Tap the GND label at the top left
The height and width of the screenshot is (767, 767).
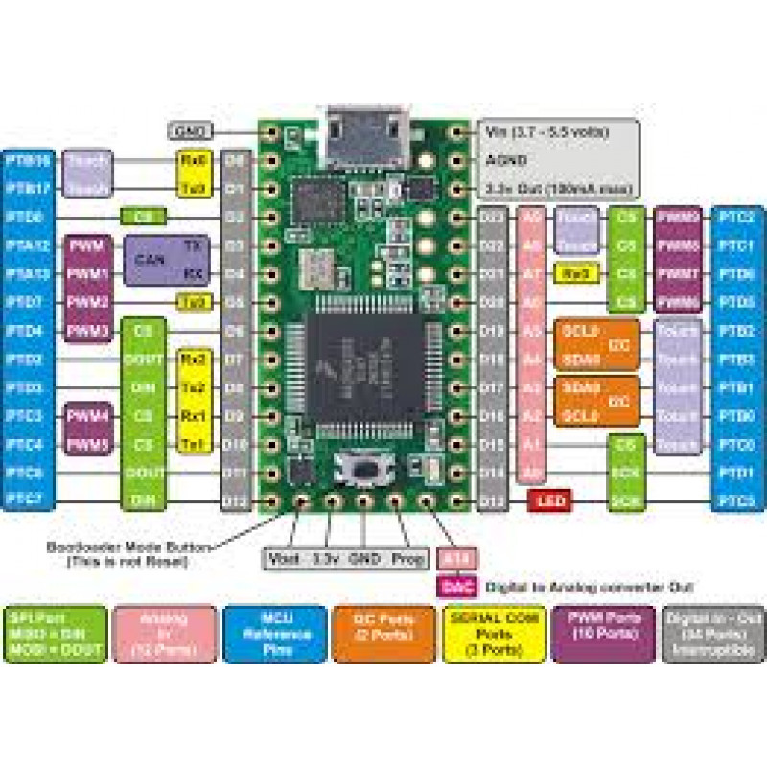click(189, 130)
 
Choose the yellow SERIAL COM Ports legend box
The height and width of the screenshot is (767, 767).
click(493, 634)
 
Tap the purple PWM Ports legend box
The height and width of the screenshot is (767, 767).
click(603, 634)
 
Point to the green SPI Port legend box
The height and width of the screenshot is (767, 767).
click(55, 634)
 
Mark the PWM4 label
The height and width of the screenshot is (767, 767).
click(87, 417)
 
